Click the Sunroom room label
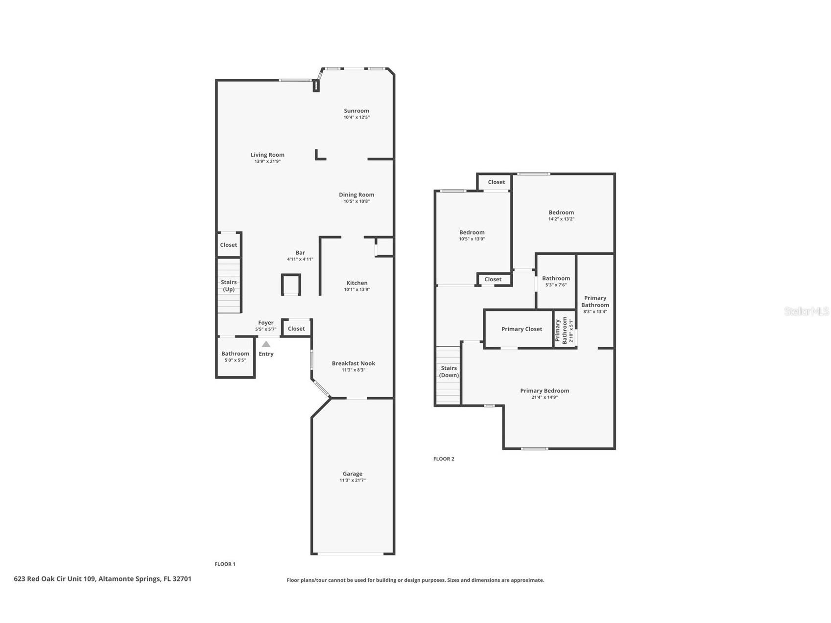356,111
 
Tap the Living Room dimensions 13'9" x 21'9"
267,161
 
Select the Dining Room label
356,194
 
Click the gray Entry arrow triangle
266,344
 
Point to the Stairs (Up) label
229,286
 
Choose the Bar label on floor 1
300,253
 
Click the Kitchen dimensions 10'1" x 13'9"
356,289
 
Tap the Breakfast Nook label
353,363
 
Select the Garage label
352,474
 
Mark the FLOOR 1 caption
225,564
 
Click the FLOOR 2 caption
444,459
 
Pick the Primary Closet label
522,329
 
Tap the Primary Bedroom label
545,391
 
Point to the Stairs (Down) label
449,371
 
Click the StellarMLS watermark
806,311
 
